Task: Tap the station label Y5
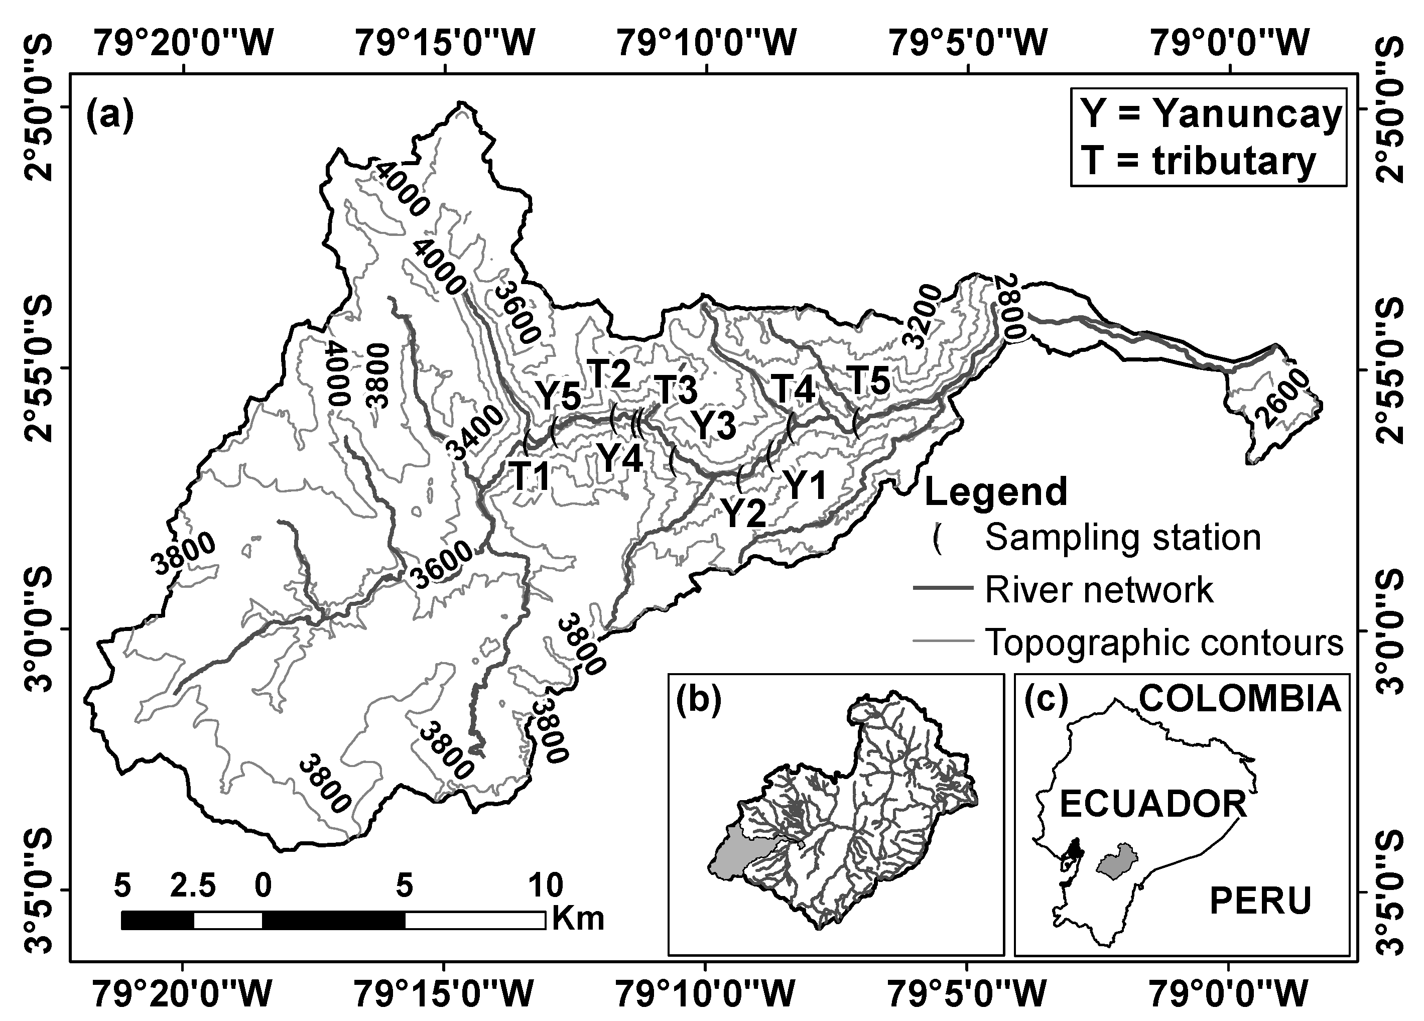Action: [x=558, y=396]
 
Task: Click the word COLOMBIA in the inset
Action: [x=1240, y=699]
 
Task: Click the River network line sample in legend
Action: [x=943, y=589]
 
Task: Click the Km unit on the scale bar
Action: [x=578, y=919]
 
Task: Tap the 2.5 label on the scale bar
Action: [x=193, y=886]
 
